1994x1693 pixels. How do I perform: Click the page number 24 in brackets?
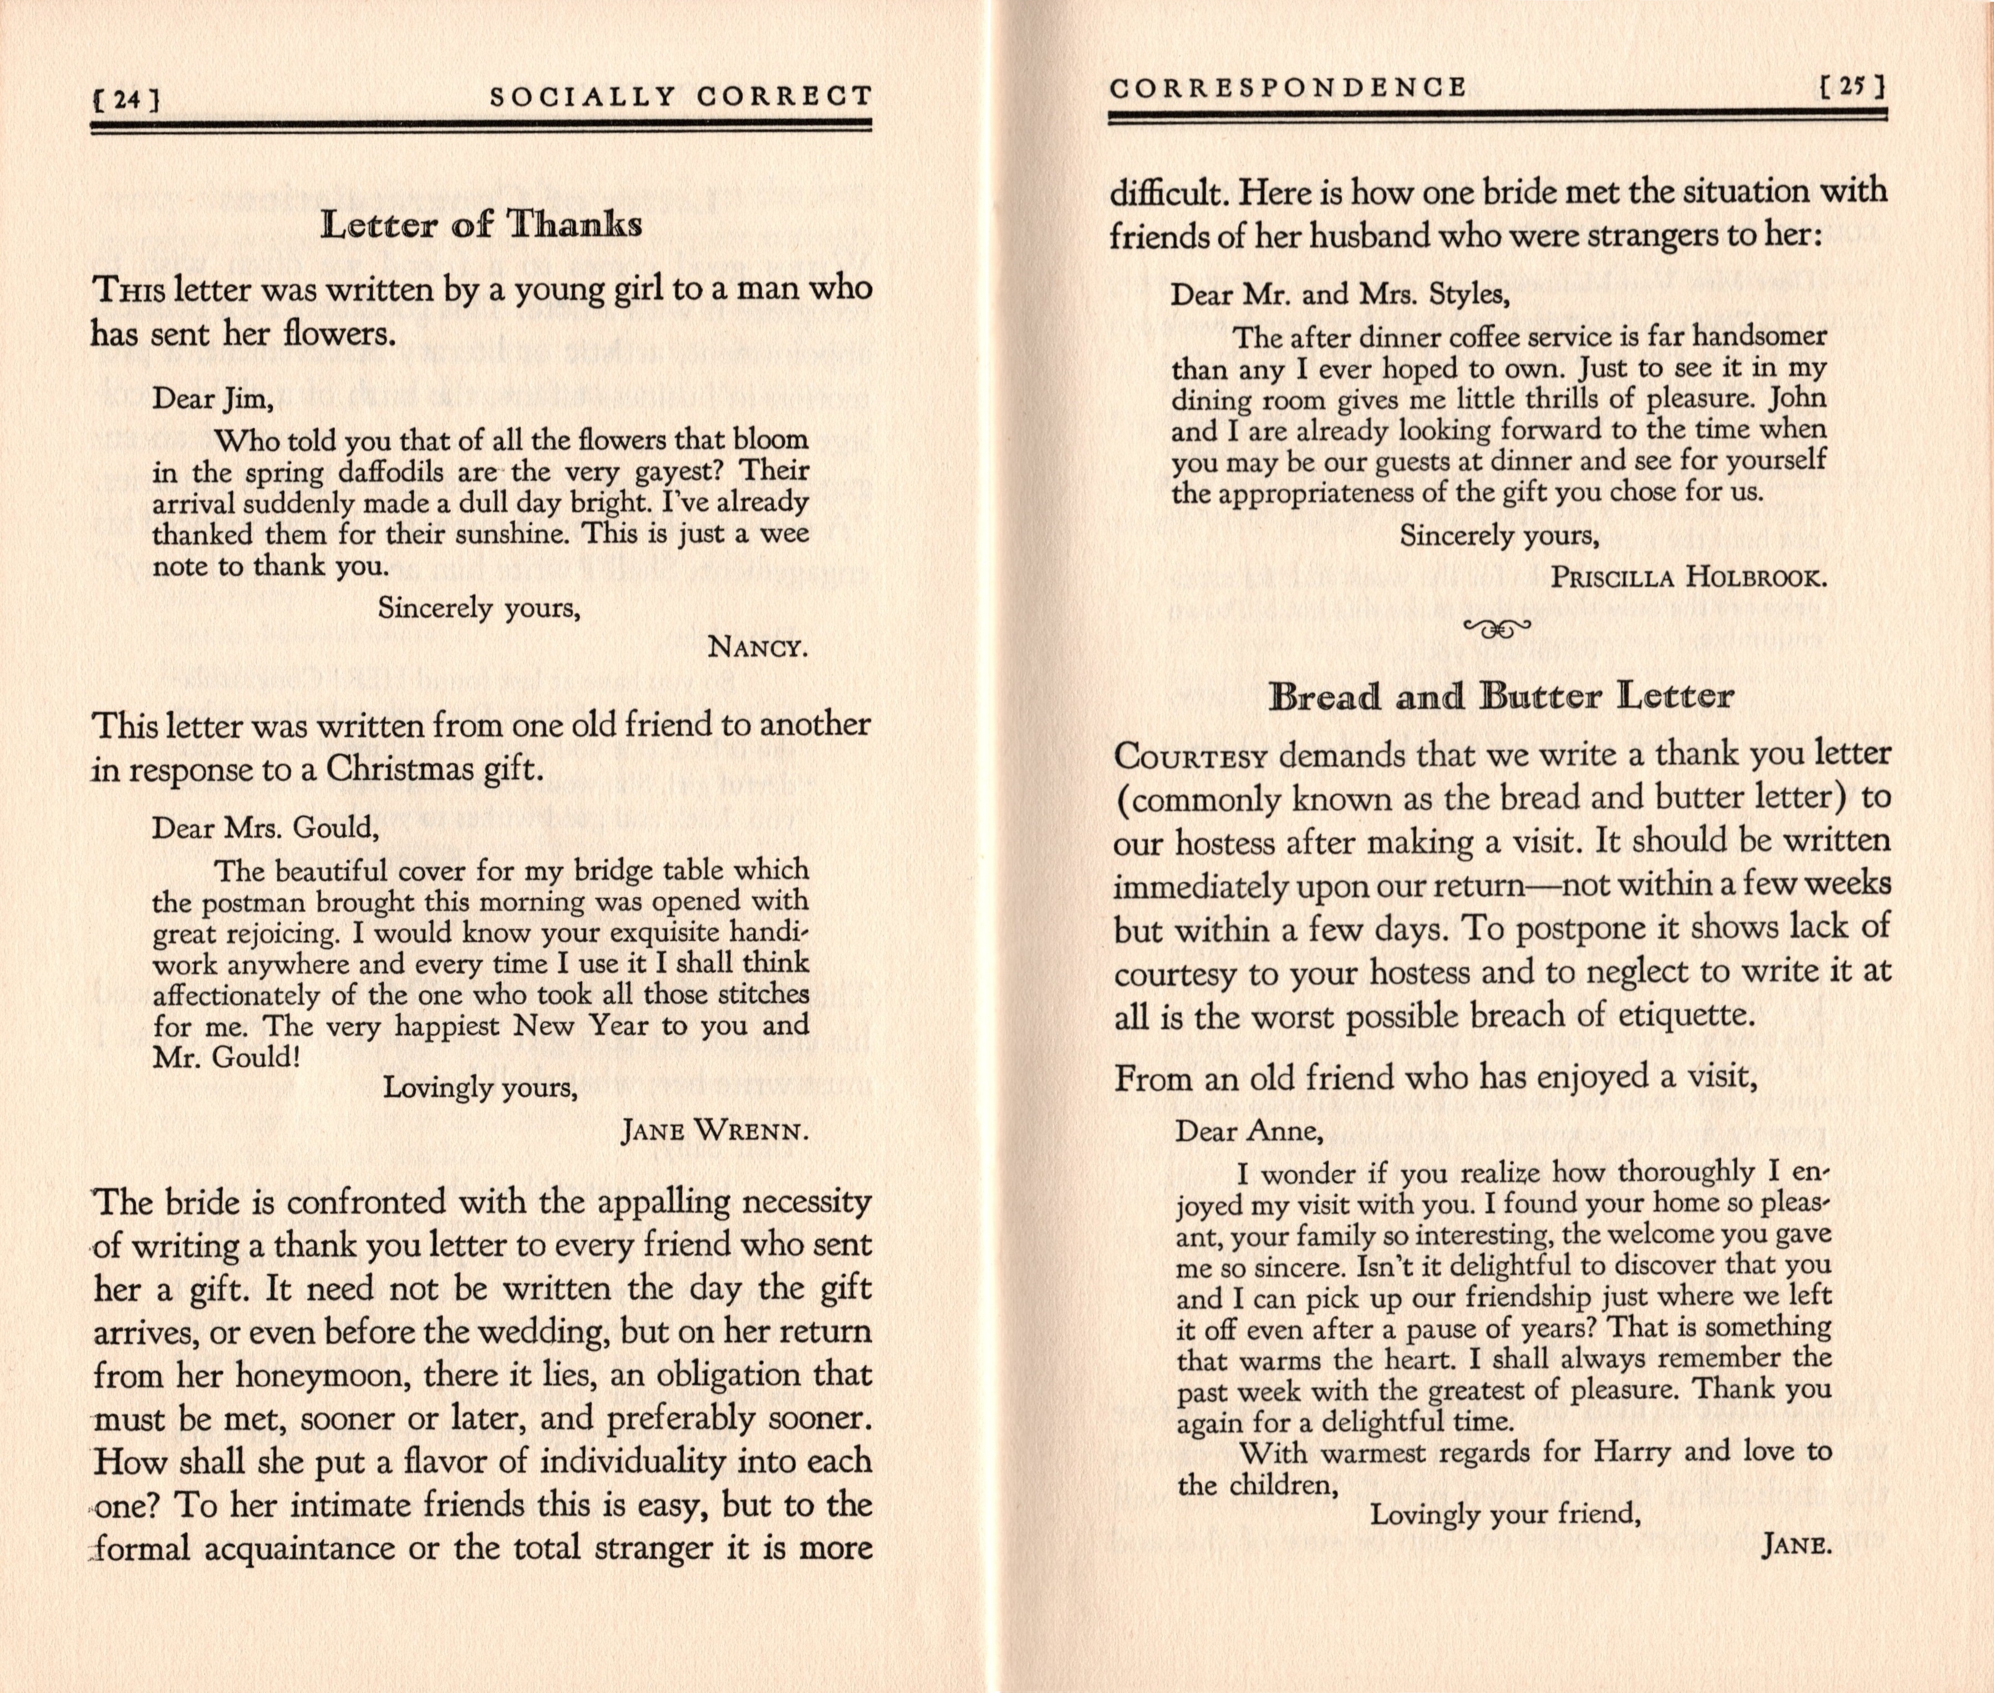click(125, 99)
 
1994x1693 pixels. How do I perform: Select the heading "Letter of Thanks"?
click(482, 225)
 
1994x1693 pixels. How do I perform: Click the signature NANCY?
click(757, 648)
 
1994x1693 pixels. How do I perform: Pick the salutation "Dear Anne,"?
click(1249, 1132)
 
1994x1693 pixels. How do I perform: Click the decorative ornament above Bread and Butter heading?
click(1497, 629)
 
